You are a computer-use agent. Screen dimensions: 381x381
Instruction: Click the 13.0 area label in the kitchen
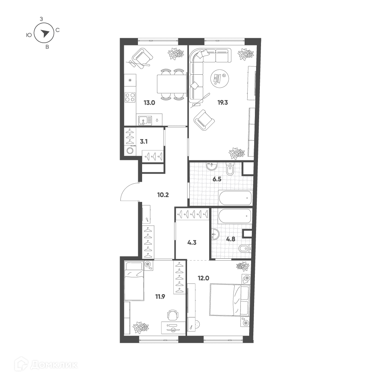click(x=149, y=102)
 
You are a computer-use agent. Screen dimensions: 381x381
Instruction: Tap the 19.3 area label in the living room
click(x=223, y=102)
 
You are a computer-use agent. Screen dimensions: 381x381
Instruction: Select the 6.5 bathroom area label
click(x=217, y=179)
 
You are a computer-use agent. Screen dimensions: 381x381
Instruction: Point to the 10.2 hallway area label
click(x=163, y=195)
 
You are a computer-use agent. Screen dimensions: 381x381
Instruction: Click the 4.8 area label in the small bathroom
click(x=231, y=239)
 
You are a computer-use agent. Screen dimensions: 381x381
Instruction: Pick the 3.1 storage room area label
click(x=144, y=141)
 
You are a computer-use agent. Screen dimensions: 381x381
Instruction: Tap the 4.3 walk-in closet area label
click(x=192, y=242)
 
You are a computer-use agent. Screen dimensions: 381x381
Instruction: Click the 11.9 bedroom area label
click(x=160, y=296)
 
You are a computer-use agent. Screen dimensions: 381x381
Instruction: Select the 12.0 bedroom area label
click(x=203, y=278)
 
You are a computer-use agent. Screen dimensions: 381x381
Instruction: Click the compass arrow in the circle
click(x=45, y=34)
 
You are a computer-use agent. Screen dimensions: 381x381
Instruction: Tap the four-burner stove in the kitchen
click(x=130, y=98)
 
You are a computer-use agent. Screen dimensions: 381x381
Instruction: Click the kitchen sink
click(x=145, y=120)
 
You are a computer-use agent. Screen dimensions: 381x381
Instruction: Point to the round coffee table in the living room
click(x=219, y=77)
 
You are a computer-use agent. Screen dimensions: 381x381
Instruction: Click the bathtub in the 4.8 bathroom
click(x=235, y=216)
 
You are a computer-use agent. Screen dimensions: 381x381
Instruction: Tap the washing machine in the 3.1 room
click(x=130, y=150)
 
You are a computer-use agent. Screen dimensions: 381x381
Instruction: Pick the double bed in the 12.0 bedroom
click(x=230, y=300)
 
